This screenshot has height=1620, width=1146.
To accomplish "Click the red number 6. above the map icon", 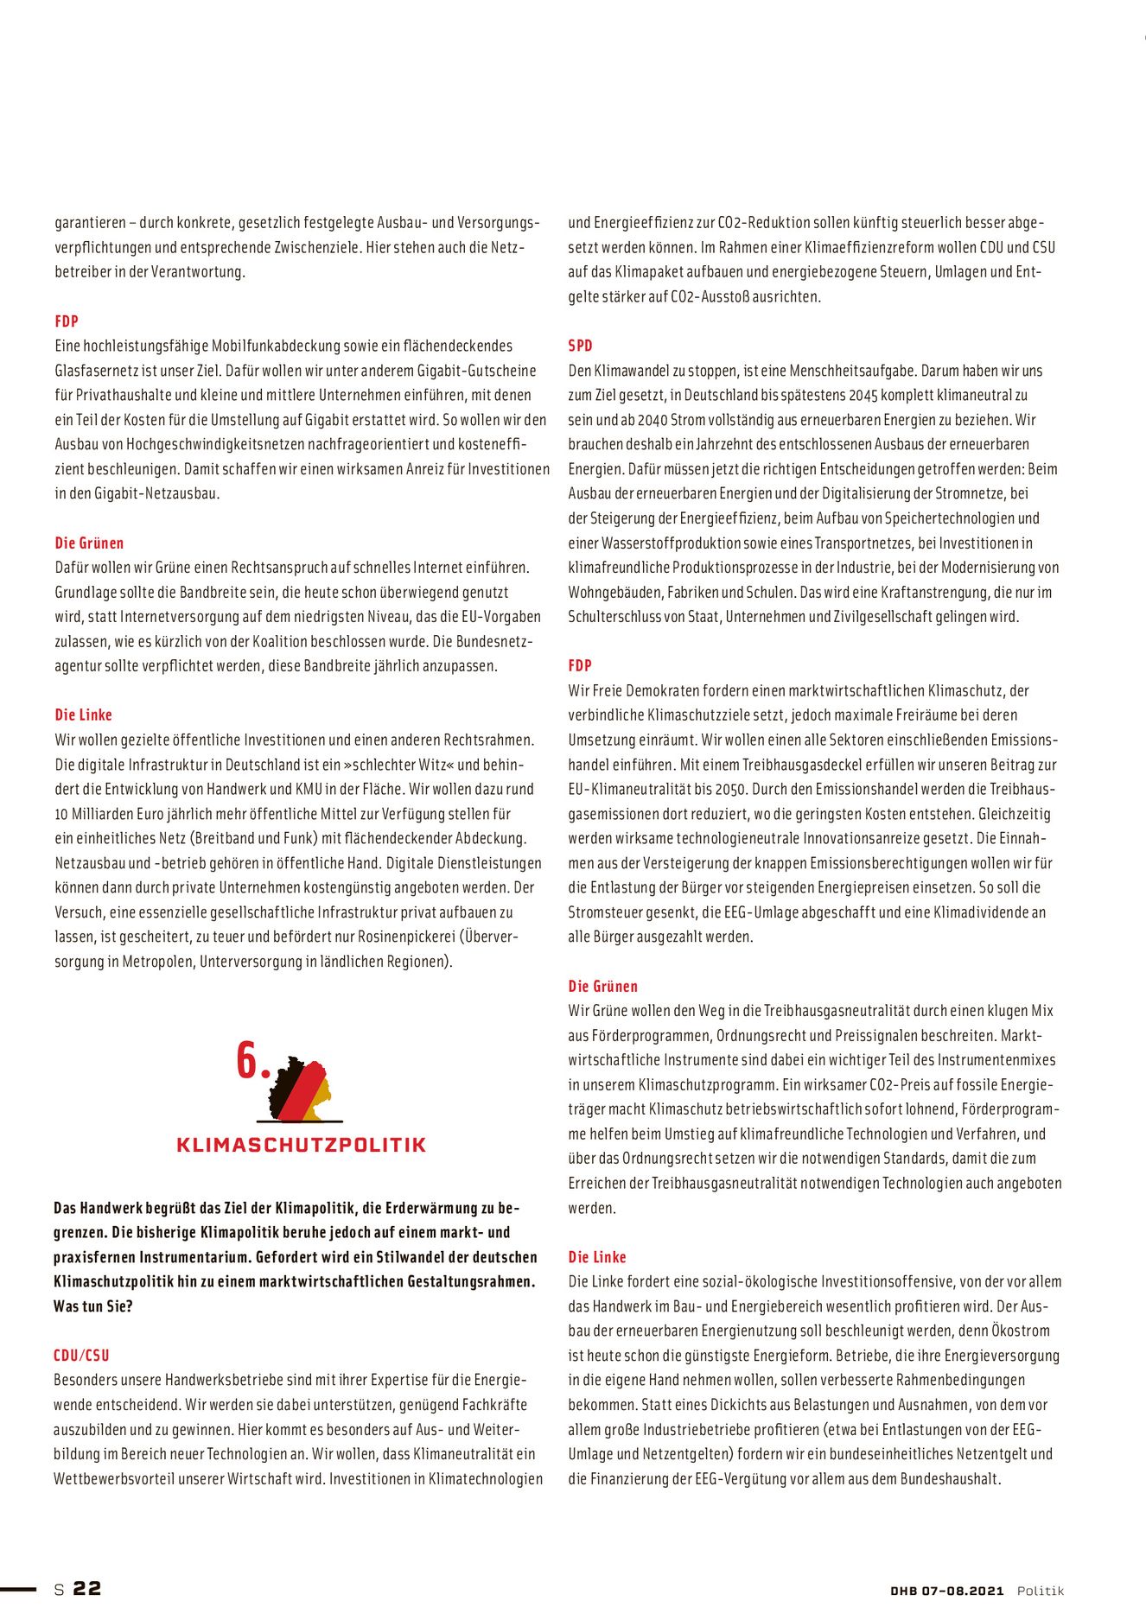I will [x=251, y=1061].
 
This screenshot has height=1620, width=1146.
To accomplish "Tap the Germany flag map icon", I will [x=300, y=1090].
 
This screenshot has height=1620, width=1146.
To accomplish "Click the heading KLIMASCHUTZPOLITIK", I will [x=302, y=1145].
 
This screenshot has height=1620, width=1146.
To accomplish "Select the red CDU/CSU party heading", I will [x=81, y=1356].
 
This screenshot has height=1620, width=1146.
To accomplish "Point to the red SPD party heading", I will [x=580, y=346].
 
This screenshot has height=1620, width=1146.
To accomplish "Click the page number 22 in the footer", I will [x=86, y=1589].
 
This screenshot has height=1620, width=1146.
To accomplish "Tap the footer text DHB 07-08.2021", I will [x=947, y=1591].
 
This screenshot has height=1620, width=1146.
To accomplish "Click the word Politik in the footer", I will [x=1040, y=1591].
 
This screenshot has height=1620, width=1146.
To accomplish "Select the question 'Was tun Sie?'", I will [x=93, y=1306].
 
